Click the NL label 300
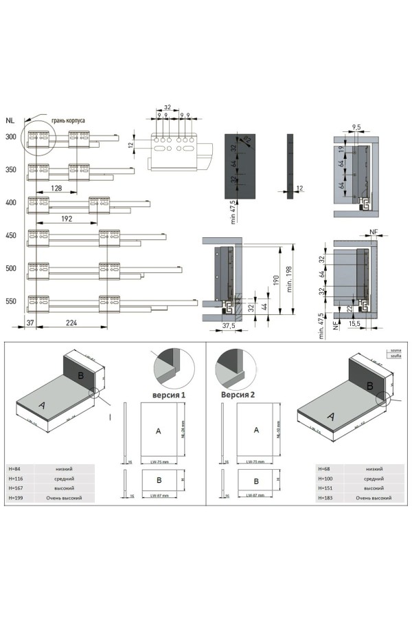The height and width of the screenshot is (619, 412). point(10,137)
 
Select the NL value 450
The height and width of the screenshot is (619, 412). point(10,236)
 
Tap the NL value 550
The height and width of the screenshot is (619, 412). point(10,301)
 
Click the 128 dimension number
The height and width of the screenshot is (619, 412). point(57,188)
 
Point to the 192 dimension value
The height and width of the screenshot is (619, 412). point(67,219)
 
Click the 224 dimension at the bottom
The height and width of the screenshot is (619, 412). point(67,322)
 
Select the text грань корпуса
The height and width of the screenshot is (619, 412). point(68,120)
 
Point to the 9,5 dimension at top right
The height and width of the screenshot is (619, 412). point(356,127)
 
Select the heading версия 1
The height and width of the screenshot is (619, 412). point(168,395)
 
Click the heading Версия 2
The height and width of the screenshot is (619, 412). point(237,395)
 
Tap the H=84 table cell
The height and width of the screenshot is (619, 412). point(21,468)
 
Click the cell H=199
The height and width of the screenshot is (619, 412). point(23,497)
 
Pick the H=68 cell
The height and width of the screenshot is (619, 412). point(325,468)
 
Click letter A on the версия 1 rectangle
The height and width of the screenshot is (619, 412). point(158,431)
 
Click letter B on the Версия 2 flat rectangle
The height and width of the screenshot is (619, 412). point(255,481)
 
